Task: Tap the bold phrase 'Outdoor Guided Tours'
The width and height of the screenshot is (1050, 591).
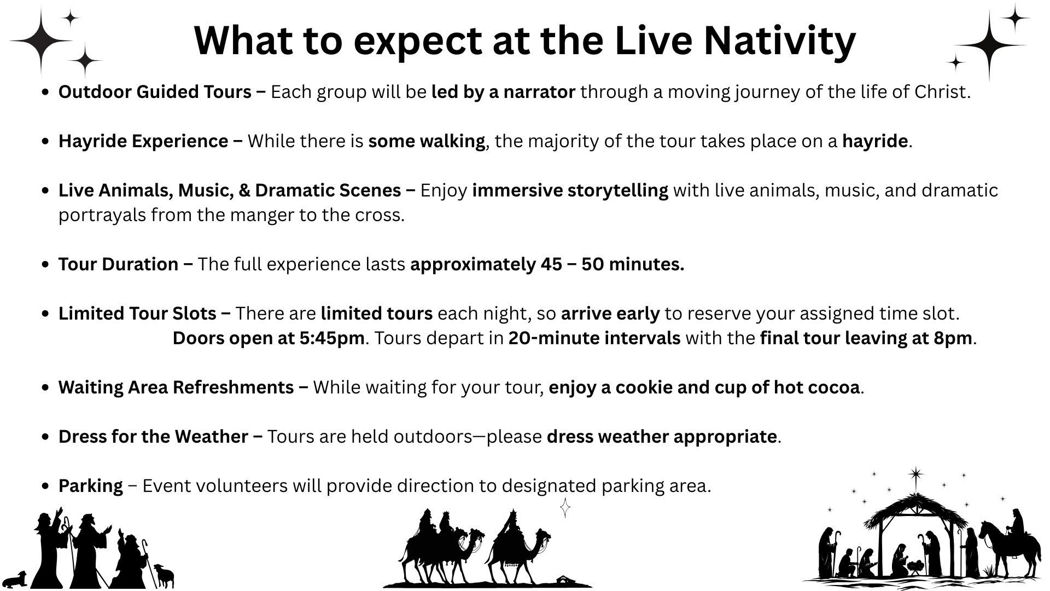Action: point(155,92)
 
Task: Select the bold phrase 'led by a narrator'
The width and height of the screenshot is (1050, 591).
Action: point(503,92)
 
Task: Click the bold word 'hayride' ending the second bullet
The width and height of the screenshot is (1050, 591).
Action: point(875,141)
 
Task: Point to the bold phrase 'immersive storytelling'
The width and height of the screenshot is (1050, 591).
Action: point(570,190)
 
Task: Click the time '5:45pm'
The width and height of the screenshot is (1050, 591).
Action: point(332,338)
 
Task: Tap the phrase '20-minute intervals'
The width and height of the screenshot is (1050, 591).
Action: point(594,338)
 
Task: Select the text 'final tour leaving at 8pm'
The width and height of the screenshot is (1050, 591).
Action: point(866,338)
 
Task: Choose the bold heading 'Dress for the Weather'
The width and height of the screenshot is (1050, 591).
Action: point(153,437)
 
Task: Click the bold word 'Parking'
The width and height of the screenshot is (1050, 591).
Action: point(91,486)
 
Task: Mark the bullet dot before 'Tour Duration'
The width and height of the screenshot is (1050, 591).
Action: point(46,264)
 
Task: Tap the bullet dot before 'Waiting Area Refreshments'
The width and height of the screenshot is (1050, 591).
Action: point(46,387)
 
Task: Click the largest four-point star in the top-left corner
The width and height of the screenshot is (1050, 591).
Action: point(42,40)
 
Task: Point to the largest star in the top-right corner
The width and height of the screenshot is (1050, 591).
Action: point(990,45)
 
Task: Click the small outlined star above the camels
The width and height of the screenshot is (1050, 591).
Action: point(565,508)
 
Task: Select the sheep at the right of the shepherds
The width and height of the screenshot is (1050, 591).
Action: point(164,576)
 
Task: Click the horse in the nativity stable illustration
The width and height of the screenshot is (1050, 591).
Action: point(1011,552)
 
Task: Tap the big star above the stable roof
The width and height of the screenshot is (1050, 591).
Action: point(916,475)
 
